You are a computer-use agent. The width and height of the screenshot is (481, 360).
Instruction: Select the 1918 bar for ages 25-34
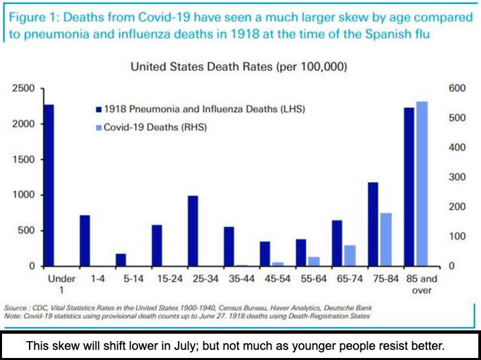(x=193, y=231)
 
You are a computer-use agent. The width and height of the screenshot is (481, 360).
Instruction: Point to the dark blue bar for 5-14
(x=121, y=260)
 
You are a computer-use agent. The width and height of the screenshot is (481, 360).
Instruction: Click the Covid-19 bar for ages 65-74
(x=350, y=256)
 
